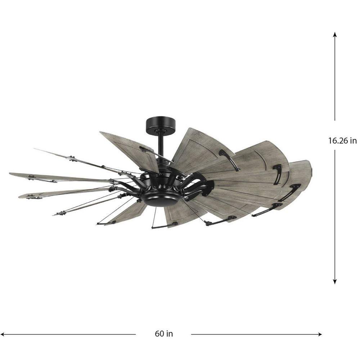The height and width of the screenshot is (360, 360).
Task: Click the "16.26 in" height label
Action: point(342,140)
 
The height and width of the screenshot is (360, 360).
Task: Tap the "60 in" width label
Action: point(164,333)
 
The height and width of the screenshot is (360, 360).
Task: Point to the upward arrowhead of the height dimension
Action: point(335,34)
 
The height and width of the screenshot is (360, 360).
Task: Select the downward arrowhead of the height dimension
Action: point(335,282)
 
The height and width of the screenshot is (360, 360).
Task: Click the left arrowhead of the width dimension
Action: point(3,334)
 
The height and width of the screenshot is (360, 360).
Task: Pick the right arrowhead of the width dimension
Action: point(319,334)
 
